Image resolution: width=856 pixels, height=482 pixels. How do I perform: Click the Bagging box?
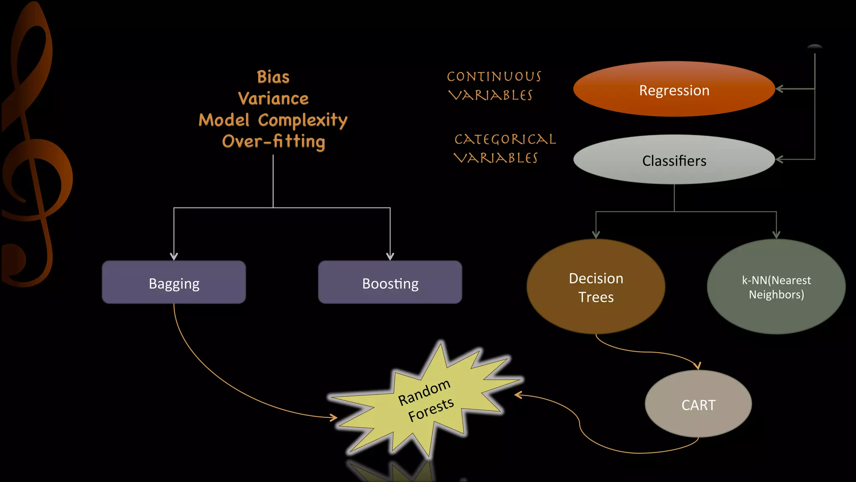point(174,282)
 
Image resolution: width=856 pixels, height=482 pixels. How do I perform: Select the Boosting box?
point(390,282)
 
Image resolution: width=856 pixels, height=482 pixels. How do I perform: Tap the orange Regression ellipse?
point(674,90)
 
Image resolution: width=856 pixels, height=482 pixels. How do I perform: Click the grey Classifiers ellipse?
point(674,160)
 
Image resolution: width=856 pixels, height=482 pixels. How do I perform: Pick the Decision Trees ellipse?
point(596,287)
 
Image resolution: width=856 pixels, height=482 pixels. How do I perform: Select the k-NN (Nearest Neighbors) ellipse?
point(776,287)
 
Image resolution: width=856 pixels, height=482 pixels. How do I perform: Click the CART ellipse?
point(698,404)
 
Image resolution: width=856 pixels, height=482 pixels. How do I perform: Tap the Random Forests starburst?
point(425,401)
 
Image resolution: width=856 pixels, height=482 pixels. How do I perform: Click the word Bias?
point(273,77)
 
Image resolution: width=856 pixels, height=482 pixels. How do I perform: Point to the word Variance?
point(273,99)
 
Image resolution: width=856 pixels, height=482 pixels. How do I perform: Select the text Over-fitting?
point(273,141)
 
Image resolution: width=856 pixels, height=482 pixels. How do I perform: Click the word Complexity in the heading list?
point(303,120)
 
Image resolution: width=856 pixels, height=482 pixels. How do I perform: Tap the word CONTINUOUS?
point(494,77)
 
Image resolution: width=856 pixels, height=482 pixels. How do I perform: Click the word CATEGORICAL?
point(505,139)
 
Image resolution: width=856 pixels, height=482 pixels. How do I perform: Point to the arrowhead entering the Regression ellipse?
point(780,89)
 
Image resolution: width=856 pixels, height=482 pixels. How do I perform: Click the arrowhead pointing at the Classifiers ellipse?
point(780,159)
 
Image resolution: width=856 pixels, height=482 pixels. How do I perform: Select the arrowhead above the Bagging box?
point(174,256)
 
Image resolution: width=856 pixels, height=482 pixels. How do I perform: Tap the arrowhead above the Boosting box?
point(390,256)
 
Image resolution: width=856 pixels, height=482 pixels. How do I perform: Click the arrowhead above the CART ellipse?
point(697,366)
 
